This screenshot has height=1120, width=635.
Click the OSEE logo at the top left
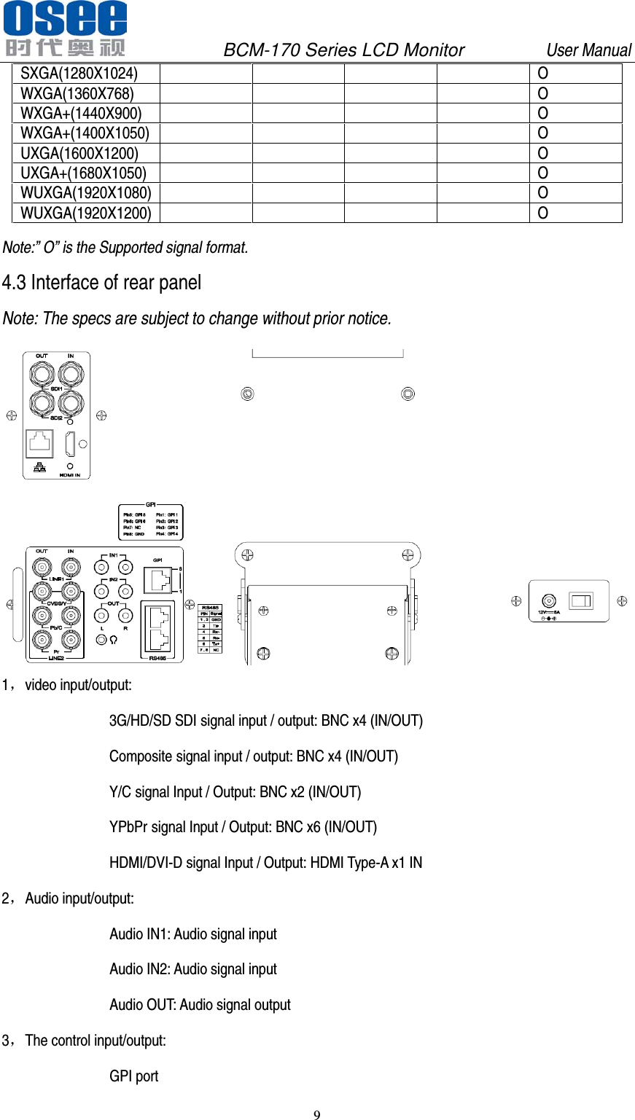[x=65, y=29]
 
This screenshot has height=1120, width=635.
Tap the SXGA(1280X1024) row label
[x=79, y=74]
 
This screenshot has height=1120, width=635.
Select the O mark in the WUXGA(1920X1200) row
[x=542, y=213]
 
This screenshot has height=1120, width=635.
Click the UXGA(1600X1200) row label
[x=79, y=153]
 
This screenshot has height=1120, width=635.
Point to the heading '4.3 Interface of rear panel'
[x=101, y=283]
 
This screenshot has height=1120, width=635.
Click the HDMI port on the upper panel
[x=70, y=444]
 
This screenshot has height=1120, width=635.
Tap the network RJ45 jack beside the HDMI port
[x=39, y=444]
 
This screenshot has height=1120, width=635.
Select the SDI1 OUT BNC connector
[x=42, y=375]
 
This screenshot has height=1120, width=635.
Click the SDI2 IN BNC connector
[x=70, y=402]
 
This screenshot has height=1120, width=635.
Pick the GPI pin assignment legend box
[x=150, y=522]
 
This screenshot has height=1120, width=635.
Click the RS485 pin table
[x=211, y=628]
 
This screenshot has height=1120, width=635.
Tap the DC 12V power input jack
[x=549, y=601]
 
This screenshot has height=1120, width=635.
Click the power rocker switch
[x=581, y=600]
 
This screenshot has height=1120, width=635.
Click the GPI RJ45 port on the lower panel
[x=157, y=579]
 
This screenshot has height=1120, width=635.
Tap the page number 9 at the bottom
[x=316, y=1114]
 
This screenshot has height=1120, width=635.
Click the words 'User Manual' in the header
[x=588, y=50]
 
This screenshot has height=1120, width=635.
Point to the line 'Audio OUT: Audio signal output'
[x=200, y=1005]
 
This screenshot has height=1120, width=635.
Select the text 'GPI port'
[x=133, y=1076]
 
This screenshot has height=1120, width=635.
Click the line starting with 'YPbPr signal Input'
[x=243, y=827]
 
